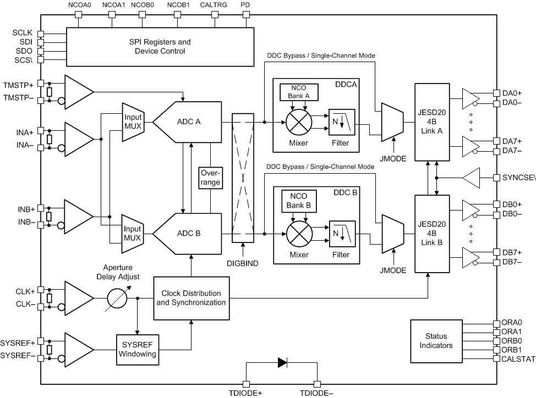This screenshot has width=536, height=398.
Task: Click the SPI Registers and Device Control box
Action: coord(160,46)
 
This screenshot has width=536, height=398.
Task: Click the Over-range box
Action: coord(210,177)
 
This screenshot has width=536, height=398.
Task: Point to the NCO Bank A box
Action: coord(297,92)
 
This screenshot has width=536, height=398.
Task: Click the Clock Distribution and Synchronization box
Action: coord(191,298)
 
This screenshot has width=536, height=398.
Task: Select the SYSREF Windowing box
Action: coord(137,349)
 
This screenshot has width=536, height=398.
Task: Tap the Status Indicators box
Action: coord(436,340)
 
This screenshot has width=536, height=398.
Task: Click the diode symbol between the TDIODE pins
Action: coord(282,362)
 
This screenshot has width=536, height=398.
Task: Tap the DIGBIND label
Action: coord(242,263)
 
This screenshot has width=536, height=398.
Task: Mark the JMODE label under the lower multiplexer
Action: coord(393,270)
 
